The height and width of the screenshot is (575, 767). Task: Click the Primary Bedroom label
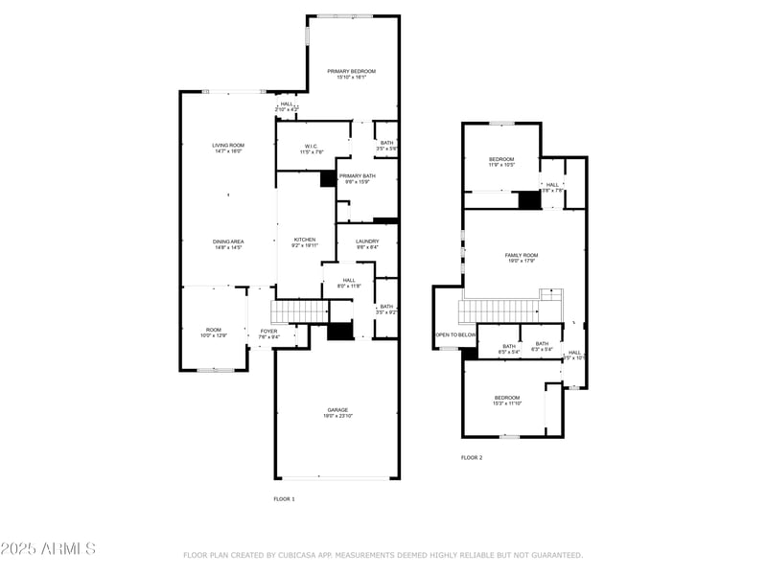[350, 72]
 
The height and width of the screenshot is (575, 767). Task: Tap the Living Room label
[227, 146]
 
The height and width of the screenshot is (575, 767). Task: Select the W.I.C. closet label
[312, 148]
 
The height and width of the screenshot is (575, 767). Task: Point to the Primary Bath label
[357, 176]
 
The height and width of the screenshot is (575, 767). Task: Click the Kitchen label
[305, 241]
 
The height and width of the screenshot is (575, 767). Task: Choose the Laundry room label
[366, 241]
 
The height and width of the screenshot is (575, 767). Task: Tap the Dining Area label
[227, 241]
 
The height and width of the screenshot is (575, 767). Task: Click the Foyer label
[268, 332]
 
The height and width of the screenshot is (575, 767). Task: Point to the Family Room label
[522, 255]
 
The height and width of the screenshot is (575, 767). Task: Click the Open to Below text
[455, 334]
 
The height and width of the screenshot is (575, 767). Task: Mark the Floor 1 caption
[284, 499]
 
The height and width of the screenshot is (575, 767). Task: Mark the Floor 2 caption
[472, 458]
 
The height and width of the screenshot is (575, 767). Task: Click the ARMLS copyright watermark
[48, 549]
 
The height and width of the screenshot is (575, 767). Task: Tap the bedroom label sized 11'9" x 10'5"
[501, 159]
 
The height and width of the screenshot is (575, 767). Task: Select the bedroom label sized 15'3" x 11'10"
[506, 398]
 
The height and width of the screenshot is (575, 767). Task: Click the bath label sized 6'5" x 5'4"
[509, 346]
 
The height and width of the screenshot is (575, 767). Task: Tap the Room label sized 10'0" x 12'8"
[213, 330]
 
